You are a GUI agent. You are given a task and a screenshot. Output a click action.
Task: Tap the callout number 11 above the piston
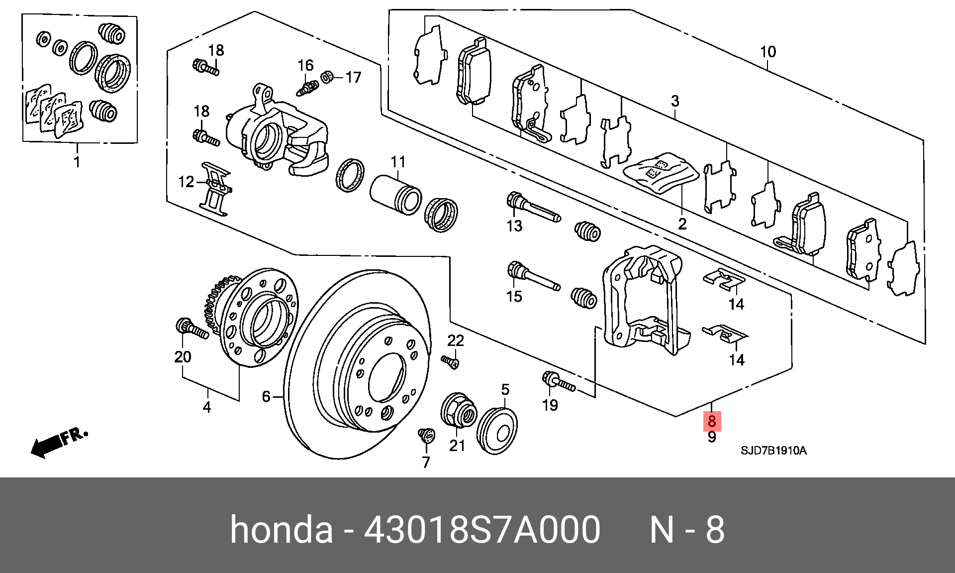point(398,162)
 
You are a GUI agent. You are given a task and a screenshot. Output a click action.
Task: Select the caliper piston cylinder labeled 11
point(396,195)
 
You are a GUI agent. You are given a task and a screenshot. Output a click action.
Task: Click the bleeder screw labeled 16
point(308,88)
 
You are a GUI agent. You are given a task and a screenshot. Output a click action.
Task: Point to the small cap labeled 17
point(327,77)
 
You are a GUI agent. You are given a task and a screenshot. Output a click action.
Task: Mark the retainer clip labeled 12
point(215,189)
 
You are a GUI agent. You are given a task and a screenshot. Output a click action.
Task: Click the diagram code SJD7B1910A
point(773,451)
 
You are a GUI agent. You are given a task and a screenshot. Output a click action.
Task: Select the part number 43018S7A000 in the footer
point(482,530)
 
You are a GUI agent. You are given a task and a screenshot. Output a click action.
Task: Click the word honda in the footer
point(281,530)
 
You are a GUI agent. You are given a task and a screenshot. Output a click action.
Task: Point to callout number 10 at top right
point(767,52)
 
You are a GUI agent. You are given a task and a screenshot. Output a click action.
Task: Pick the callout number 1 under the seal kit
point(77,162)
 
